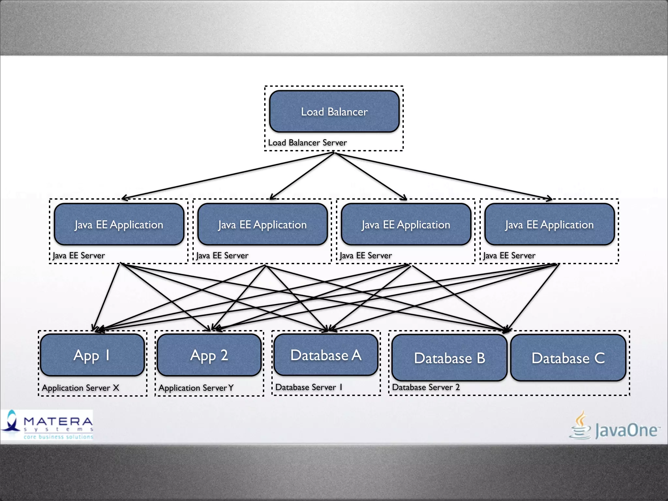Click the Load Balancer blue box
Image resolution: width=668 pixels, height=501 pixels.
pyautogui.click(x=334, y=112)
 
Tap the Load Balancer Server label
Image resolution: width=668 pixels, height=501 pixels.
pyautogui.click(x=307, y=143)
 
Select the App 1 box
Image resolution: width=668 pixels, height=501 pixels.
pyautogui.click(x=92, y=355)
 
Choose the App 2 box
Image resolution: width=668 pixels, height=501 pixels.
pyautogui.click(x=209, y=355)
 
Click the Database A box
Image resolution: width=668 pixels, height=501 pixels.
pyautogui.click(x=326, y=355)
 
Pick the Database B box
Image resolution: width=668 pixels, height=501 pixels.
pyautogui.click(x=449, y=358)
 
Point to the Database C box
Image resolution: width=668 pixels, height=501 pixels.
pyautogui.click(x=568, y=358)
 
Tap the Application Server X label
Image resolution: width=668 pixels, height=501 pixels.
pyautogui.click(x=81, y=388)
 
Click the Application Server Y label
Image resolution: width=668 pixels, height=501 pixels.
pyautogui.click(x=196, y=388)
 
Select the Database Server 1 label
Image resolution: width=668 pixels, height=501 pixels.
pyautogui.click(x=309, y=387)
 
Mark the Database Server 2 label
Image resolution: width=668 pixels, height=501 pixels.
pyautogui.click(x=426, y=387)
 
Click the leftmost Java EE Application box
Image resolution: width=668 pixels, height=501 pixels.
pyautogui.click(x=119, y=224)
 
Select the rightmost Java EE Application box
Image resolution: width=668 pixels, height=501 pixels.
pyautogui.click(x=549, y=224)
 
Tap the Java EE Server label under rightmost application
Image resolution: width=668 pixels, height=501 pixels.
pyautogui.click(x=509, y=255)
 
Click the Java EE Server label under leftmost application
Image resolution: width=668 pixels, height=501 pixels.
pyautogui.click(x=79, y=255)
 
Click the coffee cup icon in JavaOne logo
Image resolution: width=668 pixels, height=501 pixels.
pyautogui.click(x=580, y=426)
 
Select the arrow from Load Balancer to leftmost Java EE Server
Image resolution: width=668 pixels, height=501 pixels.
pyautogui.click(x=228, y=175)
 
